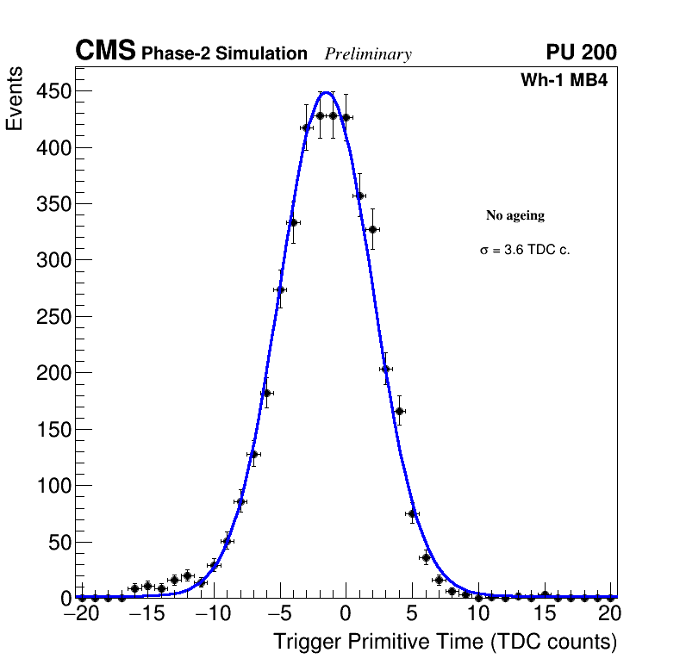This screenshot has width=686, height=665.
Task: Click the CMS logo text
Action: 105,52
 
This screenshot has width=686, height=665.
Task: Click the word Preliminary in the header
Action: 368,54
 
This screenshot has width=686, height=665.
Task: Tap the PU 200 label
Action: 581,53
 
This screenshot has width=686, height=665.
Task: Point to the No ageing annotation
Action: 515,215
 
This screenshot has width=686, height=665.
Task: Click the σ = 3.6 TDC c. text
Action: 525,250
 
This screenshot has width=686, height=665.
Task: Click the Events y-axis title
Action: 15,98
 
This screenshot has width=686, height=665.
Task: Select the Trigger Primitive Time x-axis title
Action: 445,642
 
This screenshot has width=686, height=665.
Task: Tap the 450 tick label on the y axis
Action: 53,91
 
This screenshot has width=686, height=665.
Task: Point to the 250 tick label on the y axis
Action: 53,317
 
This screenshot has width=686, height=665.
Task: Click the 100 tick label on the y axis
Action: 53,486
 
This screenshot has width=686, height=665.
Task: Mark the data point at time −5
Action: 280,289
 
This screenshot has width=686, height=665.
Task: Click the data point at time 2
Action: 372,229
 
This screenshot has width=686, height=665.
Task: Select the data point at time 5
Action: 413,513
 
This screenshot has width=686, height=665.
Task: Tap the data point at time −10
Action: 214,565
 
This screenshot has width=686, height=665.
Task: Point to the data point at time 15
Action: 545,595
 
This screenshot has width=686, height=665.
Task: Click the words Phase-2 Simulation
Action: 224,54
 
